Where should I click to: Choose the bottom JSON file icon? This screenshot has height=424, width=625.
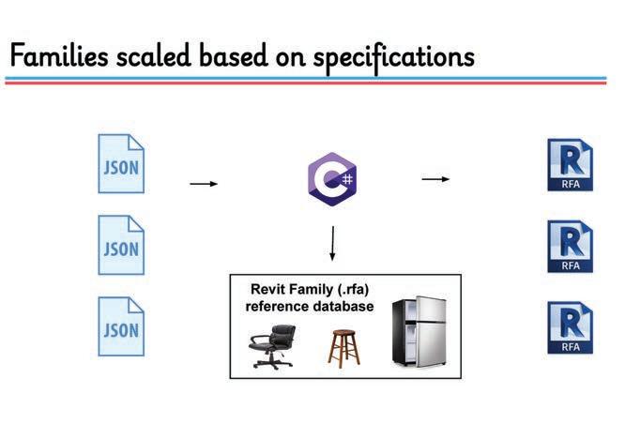[122, 329]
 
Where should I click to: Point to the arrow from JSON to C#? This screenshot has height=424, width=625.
[204, 184]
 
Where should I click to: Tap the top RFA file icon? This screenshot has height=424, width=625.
[569, 164]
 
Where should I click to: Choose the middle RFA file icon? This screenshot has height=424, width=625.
[569, 248]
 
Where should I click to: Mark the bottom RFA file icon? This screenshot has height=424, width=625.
[569, 327]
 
